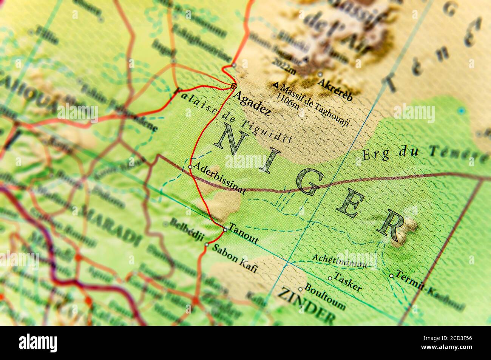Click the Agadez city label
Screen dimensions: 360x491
point(252,103)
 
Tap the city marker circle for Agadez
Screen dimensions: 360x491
point(234,86)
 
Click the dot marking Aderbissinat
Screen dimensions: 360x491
point(190,166)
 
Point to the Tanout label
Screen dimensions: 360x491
point(244,235)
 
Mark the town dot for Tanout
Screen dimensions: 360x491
point(225,229)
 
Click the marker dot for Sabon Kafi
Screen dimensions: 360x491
point(207,244)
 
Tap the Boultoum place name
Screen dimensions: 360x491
point(324,297)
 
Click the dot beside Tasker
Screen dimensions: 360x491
point(330,278)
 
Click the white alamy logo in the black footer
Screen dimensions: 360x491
point(38,342)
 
